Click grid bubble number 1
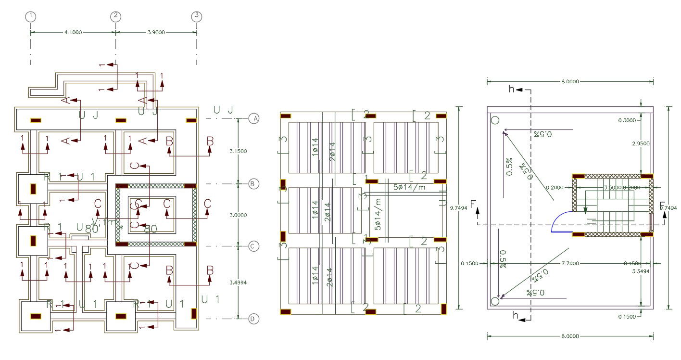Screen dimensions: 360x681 click(31, 16)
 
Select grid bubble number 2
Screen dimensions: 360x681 click(115, 16)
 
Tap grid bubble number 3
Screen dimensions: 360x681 click(196, 16)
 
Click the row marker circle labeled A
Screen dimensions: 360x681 click(254, 118)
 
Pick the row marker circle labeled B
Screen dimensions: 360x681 click(254, 184)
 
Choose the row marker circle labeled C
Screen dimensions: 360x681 click(254, 246)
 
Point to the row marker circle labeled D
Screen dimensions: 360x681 click(254, 319)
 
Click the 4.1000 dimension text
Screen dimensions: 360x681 click(73, 32)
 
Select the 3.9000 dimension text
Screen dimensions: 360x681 click(156, 32)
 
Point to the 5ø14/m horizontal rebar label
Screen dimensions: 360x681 click(409, 187)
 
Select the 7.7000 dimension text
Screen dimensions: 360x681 click(570, 263)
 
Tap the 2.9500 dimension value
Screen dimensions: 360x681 click(627, 143)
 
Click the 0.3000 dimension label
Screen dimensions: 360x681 click(627, 120)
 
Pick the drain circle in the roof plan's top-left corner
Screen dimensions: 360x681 click(495, 120)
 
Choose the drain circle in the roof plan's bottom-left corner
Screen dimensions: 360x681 click(495, 301)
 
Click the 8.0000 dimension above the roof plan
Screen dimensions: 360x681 click(570, 82)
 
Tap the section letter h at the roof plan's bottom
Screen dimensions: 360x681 click(516, 316)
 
